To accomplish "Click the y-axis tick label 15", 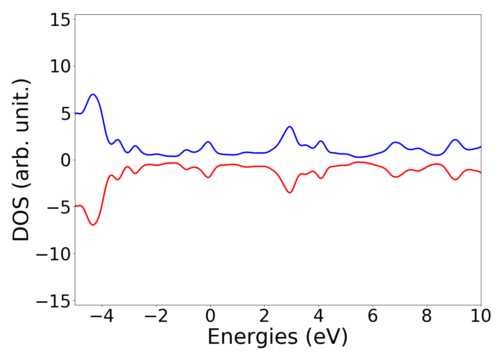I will click(x=60, y=20).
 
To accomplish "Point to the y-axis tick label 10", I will click(x=60, y=67).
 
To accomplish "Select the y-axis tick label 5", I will click(x=65, y=114).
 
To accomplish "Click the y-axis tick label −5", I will click(x=54, y=207).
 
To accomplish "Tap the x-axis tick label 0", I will click(x=210, y=316).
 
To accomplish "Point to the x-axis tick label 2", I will click(x=264, y=316).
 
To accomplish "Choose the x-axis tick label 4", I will click(x=319, y=316).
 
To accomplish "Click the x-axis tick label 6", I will click(x=373, y=316).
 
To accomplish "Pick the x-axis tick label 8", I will click(x=427, y=316).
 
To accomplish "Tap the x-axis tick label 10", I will click(x=481, y=316).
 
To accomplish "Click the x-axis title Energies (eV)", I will click(x=278, y=338).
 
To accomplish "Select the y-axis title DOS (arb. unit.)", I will click(x=21, y=160).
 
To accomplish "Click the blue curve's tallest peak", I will click(x=93, y=94).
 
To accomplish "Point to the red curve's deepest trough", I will click(x=93, y=225).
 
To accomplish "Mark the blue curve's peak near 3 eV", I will click(x=289, y=126).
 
